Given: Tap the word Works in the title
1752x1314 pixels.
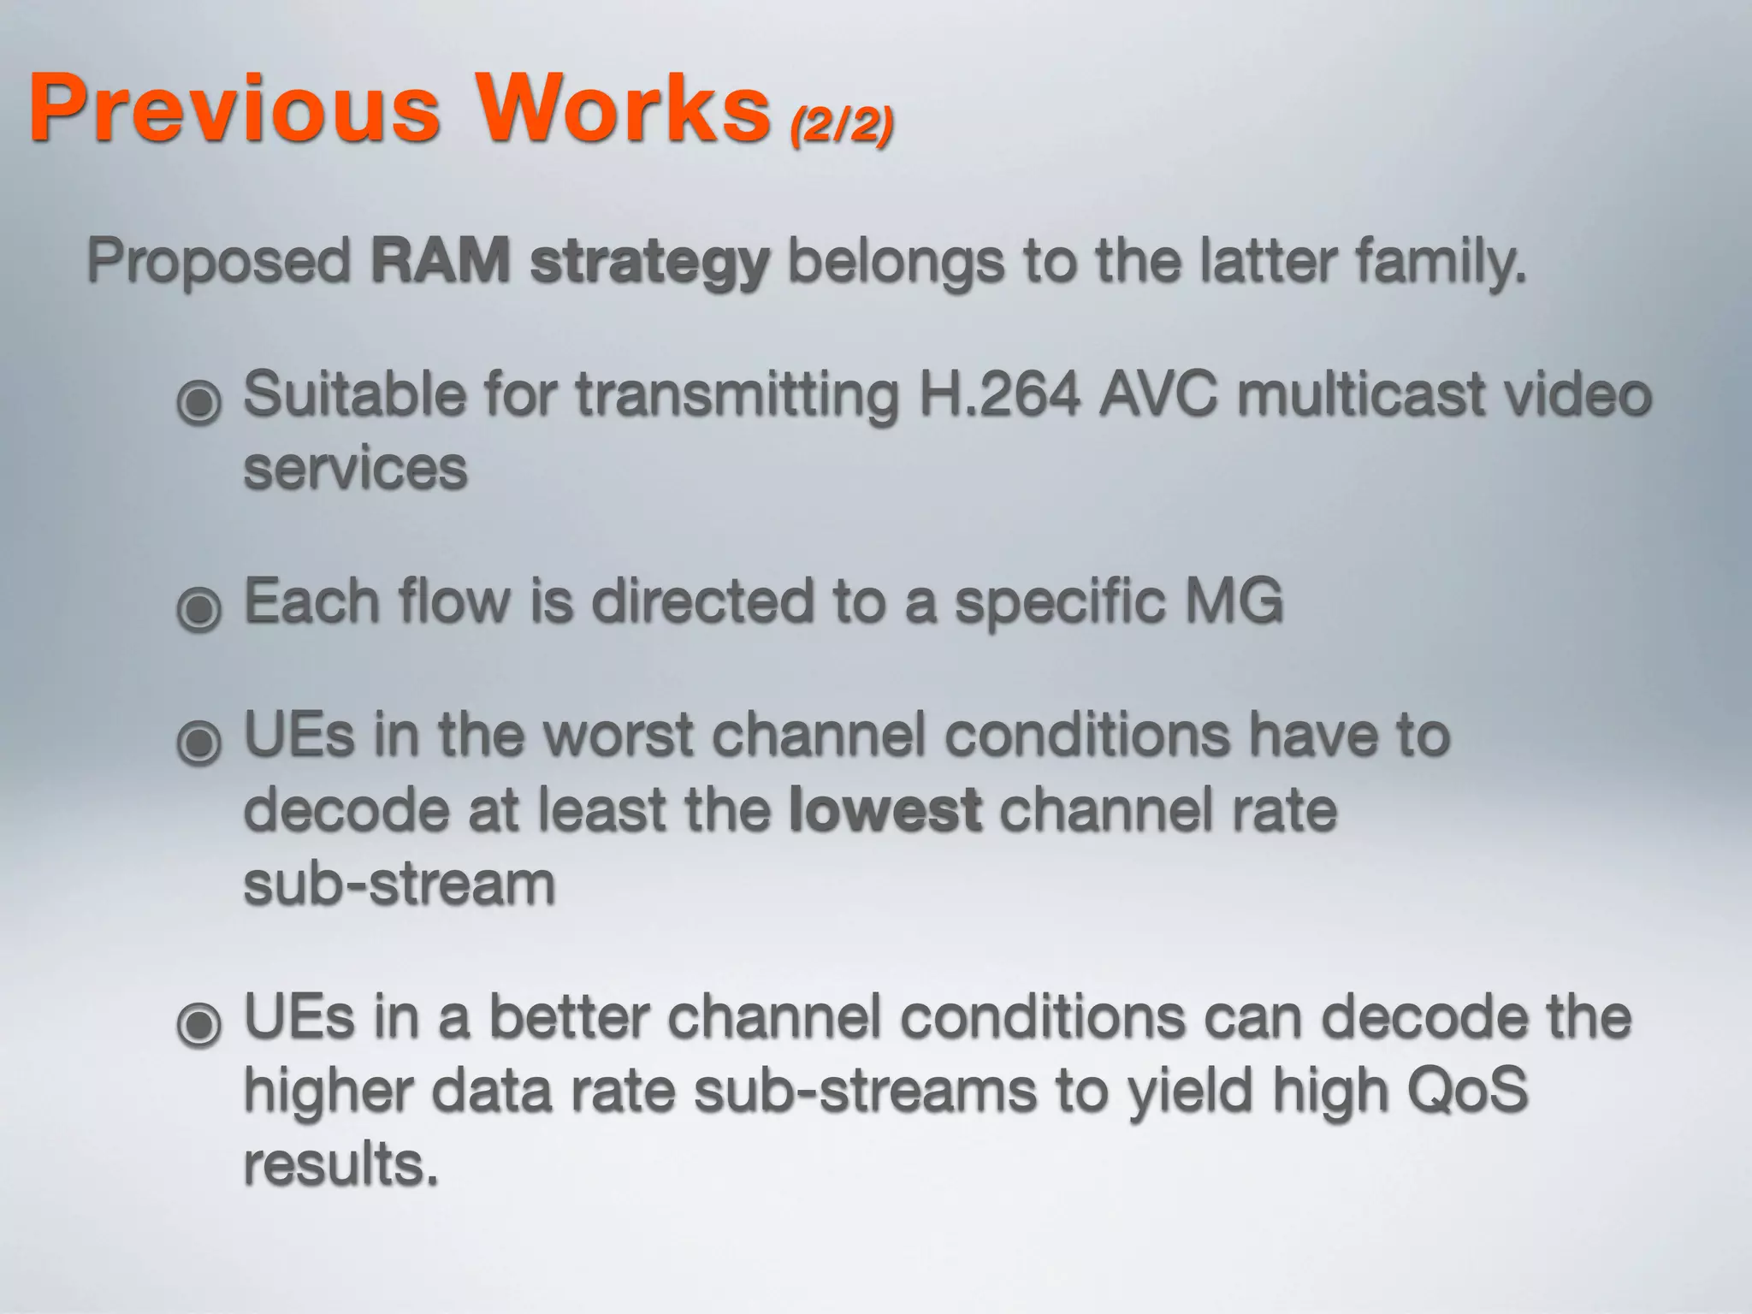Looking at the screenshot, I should pos(623,109).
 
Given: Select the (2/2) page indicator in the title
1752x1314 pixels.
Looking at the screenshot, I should pos(842,127).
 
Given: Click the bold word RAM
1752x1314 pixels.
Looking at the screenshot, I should pos(441,260).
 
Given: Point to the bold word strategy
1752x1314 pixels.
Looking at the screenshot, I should pos(650,263).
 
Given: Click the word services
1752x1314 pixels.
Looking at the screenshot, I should pos(356,469).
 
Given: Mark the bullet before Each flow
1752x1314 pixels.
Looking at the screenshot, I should pos(199,607).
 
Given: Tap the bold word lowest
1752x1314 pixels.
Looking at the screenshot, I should pos(885,809).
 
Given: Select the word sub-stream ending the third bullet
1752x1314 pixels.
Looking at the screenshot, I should pos(400,884).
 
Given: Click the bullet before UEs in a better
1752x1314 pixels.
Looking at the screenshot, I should pos(199,1022).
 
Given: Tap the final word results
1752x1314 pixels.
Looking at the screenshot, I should pos(341,1164).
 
